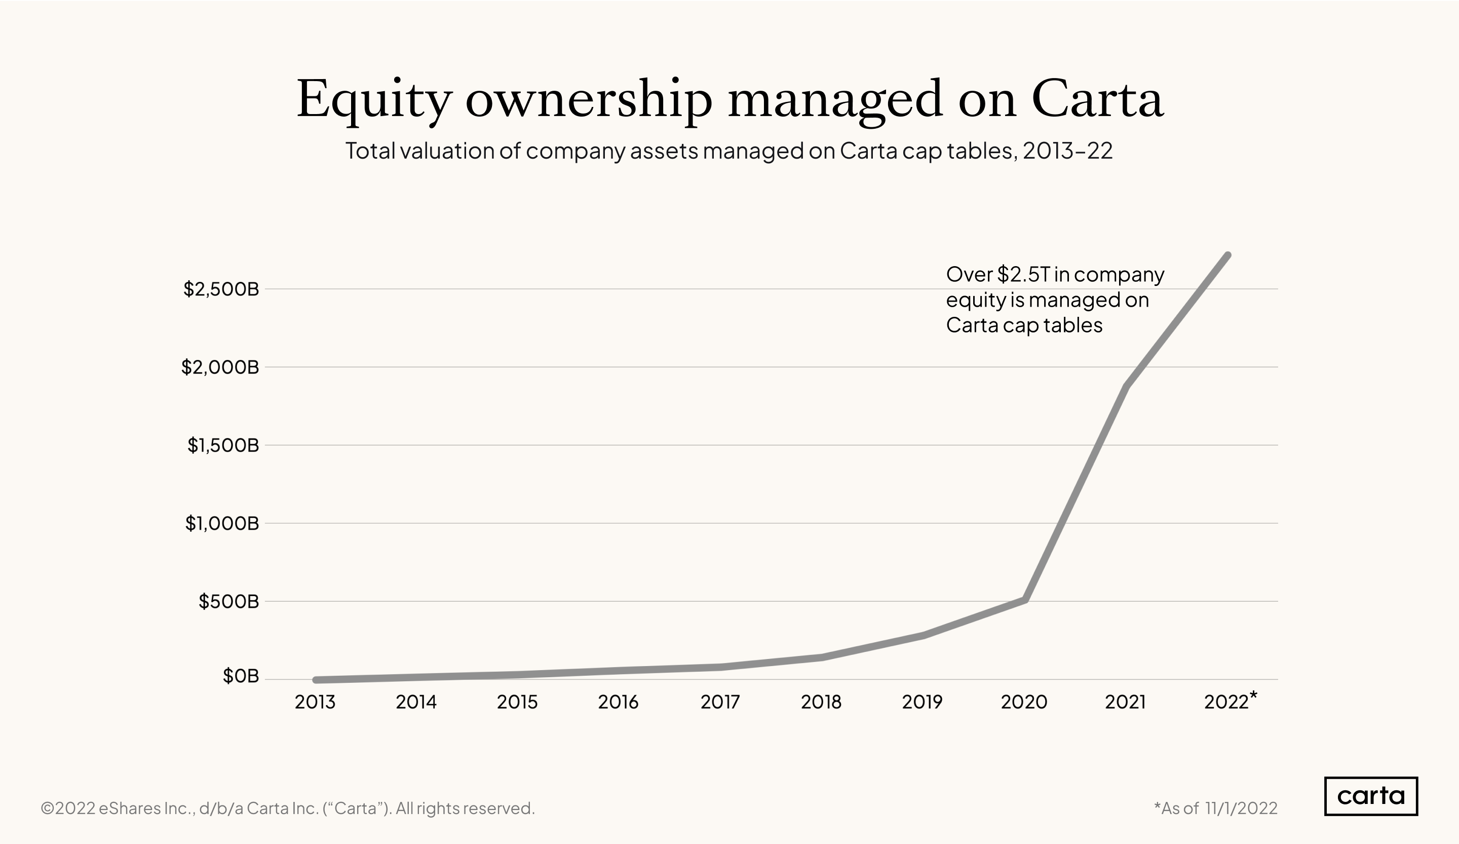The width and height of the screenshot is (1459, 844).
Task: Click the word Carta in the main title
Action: coord(1097,100)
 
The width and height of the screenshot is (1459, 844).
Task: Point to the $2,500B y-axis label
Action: coord(221,288)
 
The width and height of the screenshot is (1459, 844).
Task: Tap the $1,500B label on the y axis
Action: coord(223,445)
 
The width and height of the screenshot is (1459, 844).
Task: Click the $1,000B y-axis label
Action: coord(222,523)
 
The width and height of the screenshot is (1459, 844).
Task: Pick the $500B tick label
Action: coord(228,601)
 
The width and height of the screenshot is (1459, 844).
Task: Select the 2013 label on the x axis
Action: coord(315,702)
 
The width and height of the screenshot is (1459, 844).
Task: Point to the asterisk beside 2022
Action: coord(1253,694)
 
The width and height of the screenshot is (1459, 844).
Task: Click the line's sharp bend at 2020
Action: coord(1025,599)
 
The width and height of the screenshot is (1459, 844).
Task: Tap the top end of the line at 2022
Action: coord(1227,255)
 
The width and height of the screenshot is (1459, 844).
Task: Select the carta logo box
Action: coord(1370,796)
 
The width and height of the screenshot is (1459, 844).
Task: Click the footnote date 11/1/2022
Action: coord(1241,808)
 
